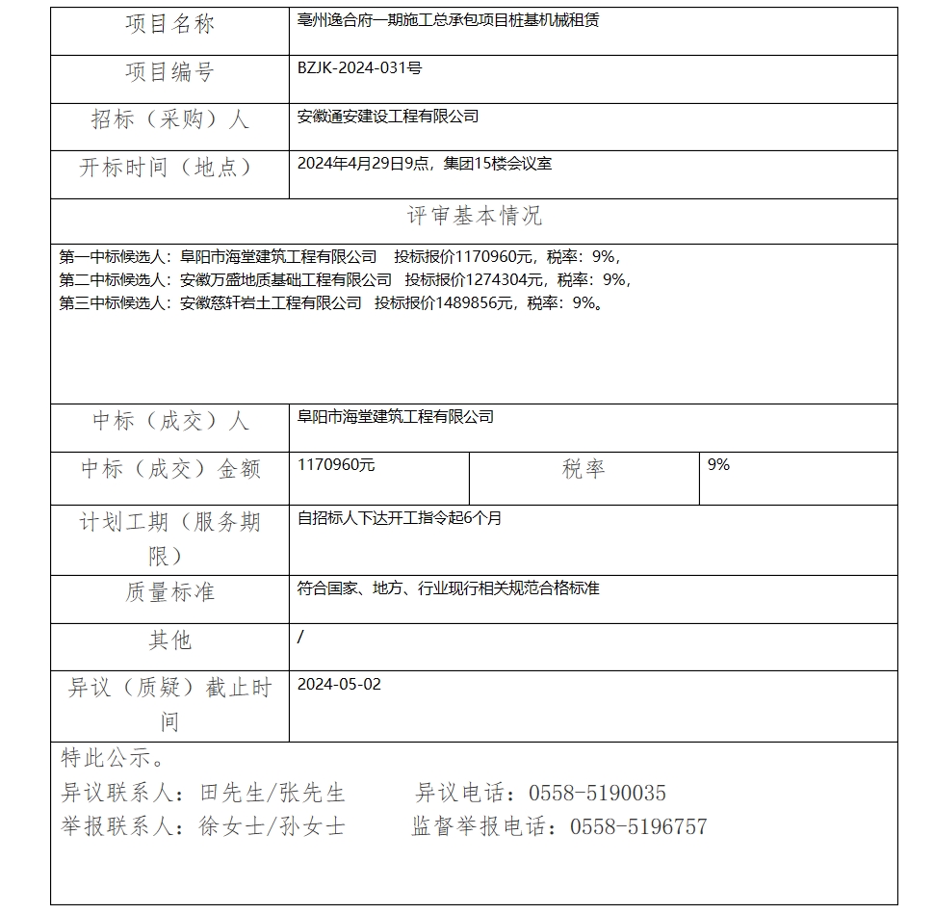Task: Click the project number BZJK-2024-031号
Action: [x=359, y=68]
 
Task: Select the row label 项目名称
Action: [x=169, y=25]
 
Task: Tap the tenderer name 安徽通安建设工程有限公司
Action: [x=388, y=117]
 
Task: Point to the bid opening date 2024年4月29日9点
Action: [x=364, y=164]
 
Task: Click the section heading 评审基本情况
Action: [x=474, y=216]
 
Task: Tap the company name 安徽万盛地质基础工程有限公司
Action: [x=286, y=280]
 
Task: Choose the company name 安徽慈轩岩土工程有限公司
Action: [x=271, y=303]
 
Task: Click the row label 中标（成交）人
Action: [x=169, y=421]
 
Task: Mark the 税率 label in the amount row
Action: [x=584, y=469]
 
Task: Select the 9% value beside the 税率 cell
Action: [x=718, y=465]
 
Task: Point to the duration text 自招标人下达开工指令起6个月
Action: [x=400, y=518]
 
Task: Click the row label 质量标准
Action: [x=169, y=592]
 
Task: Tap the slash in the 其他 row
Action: [x=301, y=637]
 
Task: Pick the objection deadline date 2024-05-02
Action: [x=339, y=684]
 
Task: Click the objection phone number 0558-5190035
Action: [x=597, y=794]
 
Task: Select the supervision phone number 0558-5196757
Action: [x=638, y=826]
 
